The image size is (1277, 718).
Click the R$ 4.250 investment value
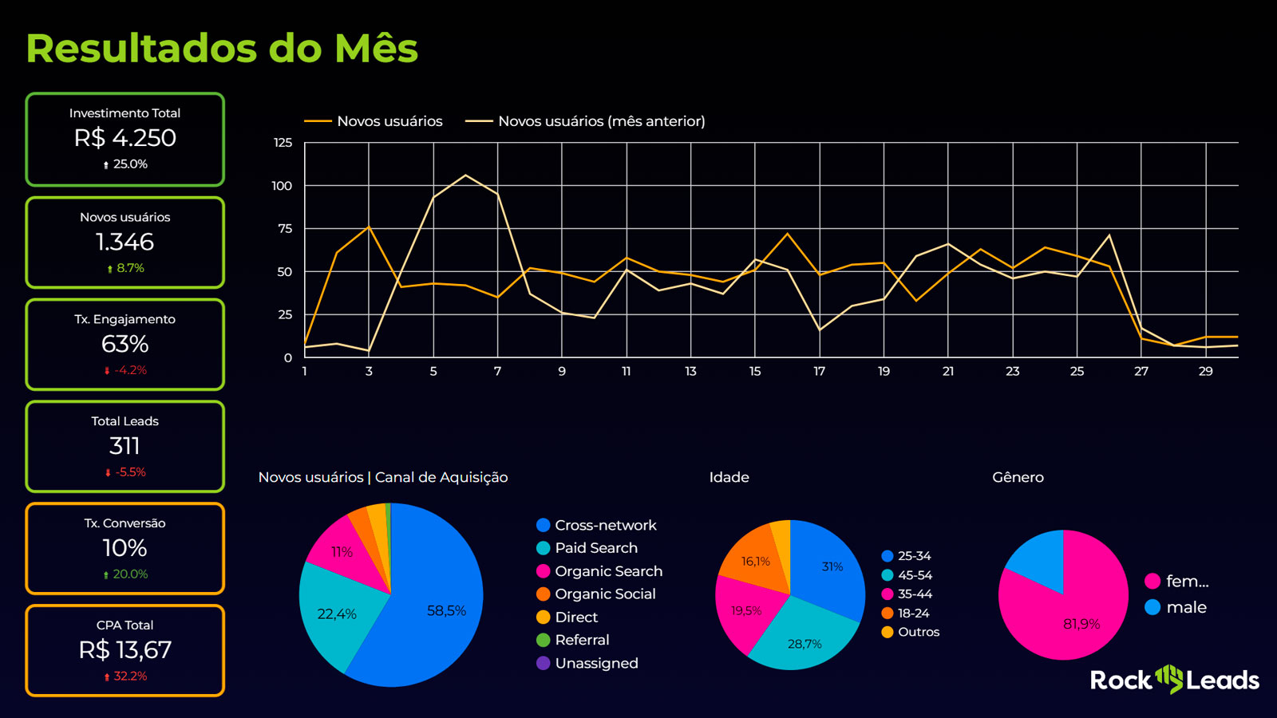pos(125,138)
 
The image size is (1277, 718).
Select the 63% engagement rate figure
pos(125,344)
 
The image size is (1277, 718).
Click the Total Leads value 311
pos(125,446)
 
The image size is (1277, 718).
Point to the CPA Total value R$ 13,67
pos(125,650)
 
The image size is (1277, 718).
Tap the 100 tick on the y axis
pos(282,186)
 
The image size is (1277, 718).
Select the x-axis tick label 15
pos(754,372)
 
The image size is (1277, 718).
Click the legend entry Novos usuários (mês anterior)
pos(600,121)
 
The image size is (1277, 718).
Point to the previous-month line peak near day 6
pos(465,176)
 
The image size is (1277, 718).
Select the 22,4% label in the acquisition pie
pos(336,614)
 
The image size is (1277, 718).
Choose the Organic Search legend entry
pos(608,571)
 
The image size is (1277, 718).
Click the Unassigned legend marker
pos(544,663)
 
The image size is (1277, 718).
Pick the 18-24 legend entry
pos(913,613)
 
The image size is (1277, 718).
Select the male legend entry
pos(1186,607)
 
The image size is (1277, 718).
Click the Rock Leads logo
pos(1174,680)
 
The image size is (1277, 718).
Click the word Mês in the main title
pos(376,48)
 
